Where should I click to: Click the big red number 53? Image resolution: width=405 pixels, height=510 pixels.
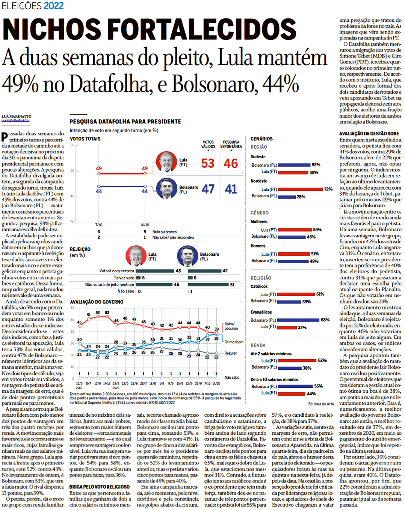click(x=208, y=164)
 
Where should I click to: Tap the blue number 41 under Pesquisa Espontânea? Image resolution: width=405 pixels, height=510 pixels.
click(x=231, y=189)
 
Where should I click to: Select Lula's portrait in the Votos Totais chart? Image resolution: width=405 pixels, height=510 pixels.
click(x=166, y=162)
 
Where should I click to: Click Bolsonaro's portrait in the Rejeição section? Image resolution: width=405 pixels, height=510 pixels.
click(x=187, y=256)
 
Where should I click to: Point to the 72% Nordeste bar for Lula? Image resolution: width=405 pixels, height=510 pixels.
click(x=300, y=189)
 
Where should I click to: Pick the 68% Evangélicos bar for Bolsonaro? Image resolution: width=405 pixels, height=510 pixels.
click(x=299, y=320)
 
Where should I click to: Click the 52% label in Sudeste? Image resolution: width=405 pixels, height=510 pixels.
click(x=316, y=165)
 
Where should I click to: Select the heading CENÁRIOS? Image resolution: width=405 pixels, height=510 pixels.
click(x=261, y=139)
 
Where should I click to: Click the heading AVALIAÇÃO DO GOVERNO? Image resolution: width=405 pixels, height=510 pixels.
click(x=97, y=302)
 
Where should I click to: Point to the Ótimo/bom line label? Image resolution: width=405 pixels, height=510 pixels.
click(x=234, y=342)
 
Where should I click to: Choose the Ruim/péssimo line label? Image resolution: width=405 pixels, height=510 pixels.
click(x=231, y=326)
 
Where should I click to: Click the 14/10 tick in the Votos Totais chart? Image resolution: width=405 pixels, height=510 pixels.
click(x=145, y=225)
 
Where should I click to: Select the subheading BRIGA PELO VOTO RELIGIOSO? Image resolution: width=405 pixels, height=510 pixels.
click(x=99, y=487)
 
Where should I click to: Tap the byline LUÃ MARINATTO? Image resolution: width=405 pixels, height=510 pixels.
click(x=17, y=117)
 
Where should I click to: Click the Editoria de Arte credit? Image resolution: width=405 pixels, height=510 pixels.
click(x=321, y=404)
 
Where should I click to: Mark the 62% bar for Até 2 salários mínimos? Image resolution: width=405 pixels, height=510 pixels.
click(x=297, y=360)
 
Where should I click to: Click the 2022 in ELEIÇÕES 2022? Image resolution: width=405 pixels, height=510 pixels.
click(x=54, y=6)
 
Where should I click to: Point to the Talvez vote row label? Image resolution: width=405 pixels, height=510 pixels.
click(x=124, y=278)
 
